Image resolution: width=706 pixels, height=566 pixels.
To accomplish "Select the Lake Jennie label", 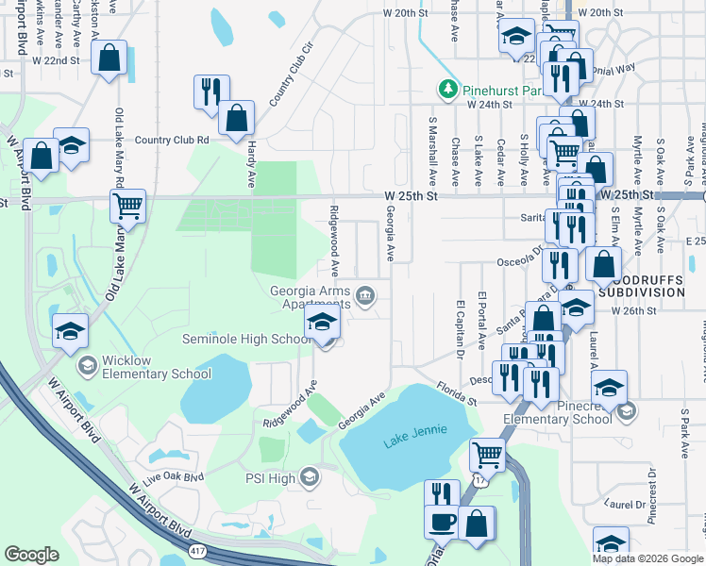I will coord(411,443).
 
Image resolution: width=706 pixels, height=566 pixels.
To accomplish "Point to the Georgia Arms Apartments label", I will coord(310,297).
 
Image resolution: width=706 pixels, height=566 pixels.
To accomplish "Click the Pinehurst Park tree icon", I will coord(446,90).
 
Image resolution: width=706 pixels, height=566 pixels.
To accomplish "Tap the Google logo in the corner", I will coord(31,555).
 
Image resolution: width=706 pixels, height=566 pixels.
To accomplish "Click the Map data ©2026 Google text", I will coord(647,558).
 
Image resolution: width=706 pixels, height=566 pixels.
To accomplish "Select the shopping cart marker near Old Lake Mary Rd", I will coord(127,205).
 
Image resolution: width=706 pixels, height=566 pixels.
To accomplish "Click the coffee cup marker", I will coord(442,522).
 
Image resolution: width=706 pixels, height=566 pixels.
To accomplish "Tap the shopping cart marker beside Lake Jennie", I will coord(488,456).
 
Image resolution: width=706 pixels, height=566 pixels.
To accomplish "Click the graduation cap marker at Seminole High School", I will coord(322,322).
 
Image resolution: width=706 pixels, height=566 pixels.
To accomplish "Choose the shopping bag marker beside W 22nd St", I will coord(109,57).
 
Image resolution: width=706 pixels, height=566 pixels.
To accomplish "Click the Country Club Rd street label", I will coord(171,140).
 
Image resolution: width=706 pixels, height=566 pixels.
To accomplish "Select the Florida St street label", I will coord(456,393).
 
